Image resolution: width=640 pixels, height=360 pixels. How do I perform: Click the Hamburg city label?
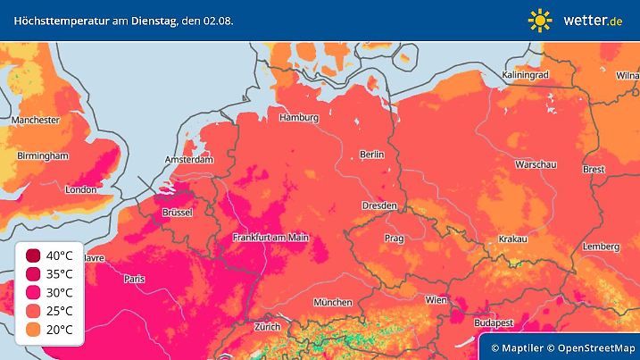tap(299, 117)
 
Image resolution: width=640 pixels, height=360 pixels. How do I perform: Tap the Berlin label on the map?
tap(370, 155)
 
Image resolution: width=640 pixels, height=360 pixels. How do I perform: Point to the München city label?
tap(332, 302)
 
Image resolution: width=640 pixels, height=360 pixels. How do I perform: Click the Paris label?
tap(135, 279)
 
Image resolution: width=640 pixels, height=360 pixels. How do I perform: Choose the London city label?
tap(80, 189)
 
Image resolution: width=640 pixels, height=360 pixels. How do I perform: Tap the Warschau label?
tap(536, 165)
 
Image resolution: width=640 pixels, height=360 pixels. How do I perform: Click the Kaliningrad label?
tap(525, 75)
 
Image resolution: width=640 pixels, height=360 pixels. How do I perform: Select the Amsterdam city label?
tap(188, 160)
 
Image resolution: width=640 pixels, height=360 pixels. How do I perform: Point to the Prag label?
tap(395, 239)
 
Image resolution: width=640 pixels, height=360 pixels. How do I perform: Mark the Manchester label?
tap(36, 120)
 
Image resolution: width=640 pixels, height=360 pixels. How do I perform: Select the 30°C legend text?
tap(59, 292)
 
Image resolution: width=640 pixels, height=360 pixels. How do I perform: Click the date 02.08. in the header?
tap(218, 20)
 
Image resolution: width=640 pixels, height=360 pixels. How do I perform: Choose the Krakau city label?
tap(511, 239)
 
